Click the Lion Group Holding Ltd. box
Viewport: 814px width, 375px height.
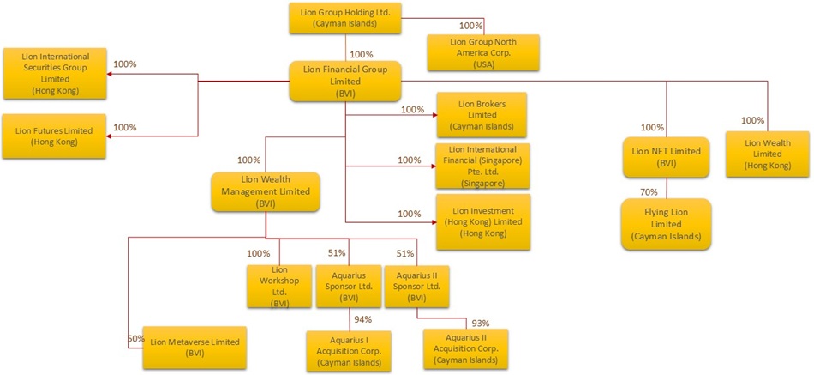[x=345, y=18]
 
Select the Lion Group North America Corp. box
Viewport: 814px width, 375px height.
[x=483, y=53]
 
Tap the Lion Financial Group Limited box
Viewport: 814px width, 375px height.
[x=345, y=81]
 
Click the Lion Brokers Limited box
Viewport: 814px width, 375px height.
[x=482, y=114]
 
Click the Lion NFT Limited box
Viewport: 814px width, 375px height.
[x=666, y=156]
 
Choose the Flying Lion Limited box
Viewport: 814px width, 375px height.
[x=666, y=223]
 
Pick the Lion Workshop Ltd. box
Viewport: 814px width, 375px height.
[x=278, y=286]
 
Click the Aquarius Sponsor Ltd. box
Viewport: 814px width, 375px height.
[x=347, y=286]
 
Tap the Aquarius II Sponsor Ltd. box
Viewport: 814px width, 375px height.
[x=416, y=286]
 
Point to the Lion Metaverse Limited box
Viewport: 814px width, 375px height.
[x=195, y=347]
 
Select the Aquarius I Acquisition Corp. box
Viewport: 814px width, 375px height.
[x=349, y=349]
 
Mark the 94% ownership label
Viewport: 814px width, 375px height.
[x=364, y=320]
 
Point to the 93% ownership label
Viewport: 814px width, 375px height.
[x=481, y=323]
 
